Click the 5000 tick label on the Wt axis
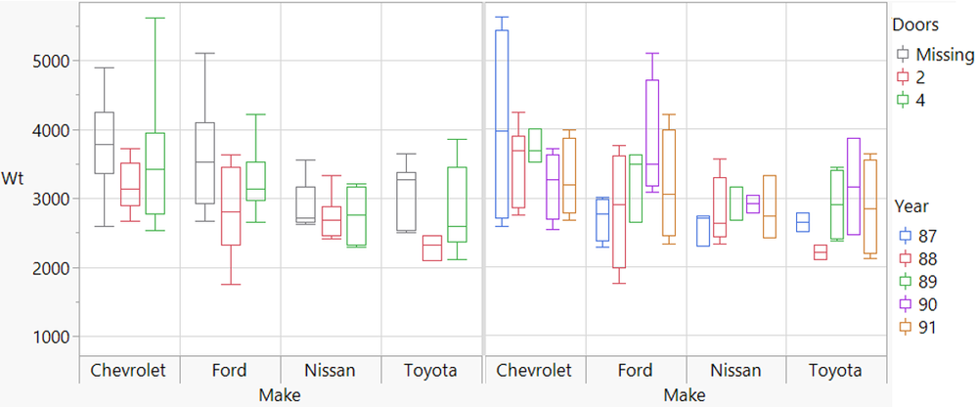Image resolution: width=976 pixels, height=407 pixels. click(47, 61)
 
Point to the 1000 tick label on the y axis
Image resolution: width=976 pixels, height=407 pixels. click(47, 337)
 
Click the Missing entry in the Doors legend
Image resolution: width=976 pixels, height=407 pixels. click(944, 55)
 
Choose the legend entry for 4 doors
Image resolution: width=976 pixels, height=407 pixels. click(924, 100)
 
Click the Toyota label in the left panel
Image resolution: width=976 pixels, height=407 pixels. click(430, 371)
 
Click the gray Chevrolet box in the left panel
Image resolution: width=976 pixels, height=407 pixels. click(104, 143)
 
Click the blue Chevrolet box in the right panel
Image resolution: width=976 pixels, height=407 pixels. click(502, 123)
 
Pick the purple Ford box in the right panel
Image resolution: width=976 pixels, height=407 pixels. click(652, 133)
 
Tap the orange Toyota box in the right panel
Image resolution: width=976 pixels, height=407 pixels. click(870, 204)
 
